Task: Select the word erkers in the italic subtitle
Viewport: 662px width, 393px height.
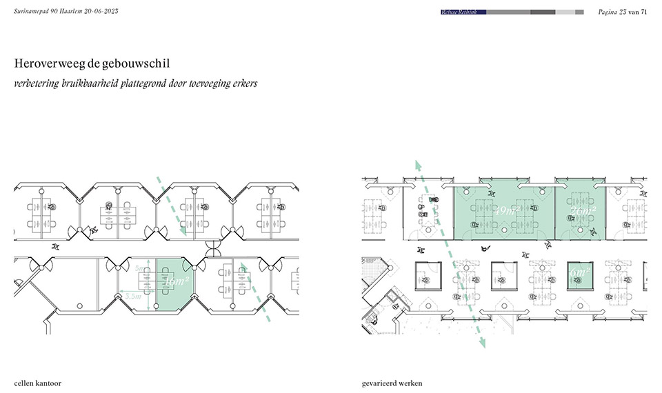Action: click(x=243, y=84)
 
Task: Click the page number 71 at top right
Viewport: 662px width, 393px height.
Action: click(x=643, y=12)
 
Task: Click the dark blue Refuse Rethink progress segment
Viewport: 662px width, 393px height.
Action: click(x=463, y=12)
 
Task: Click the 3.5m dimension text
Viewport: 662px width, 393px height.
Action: click(x=132, y=296)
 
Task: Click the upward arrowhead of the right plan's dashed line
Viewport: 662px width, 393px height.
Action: click(x=416, y=163)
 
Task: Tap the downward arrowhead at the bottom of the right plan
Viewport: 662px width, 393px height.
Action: click(x=483, y=345)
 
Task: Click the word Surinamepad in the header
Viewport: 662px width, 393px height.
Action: click(x=33, y=12)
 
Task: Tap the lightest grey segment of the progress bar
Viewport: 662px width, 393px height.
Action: click(x=565, y=12)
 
